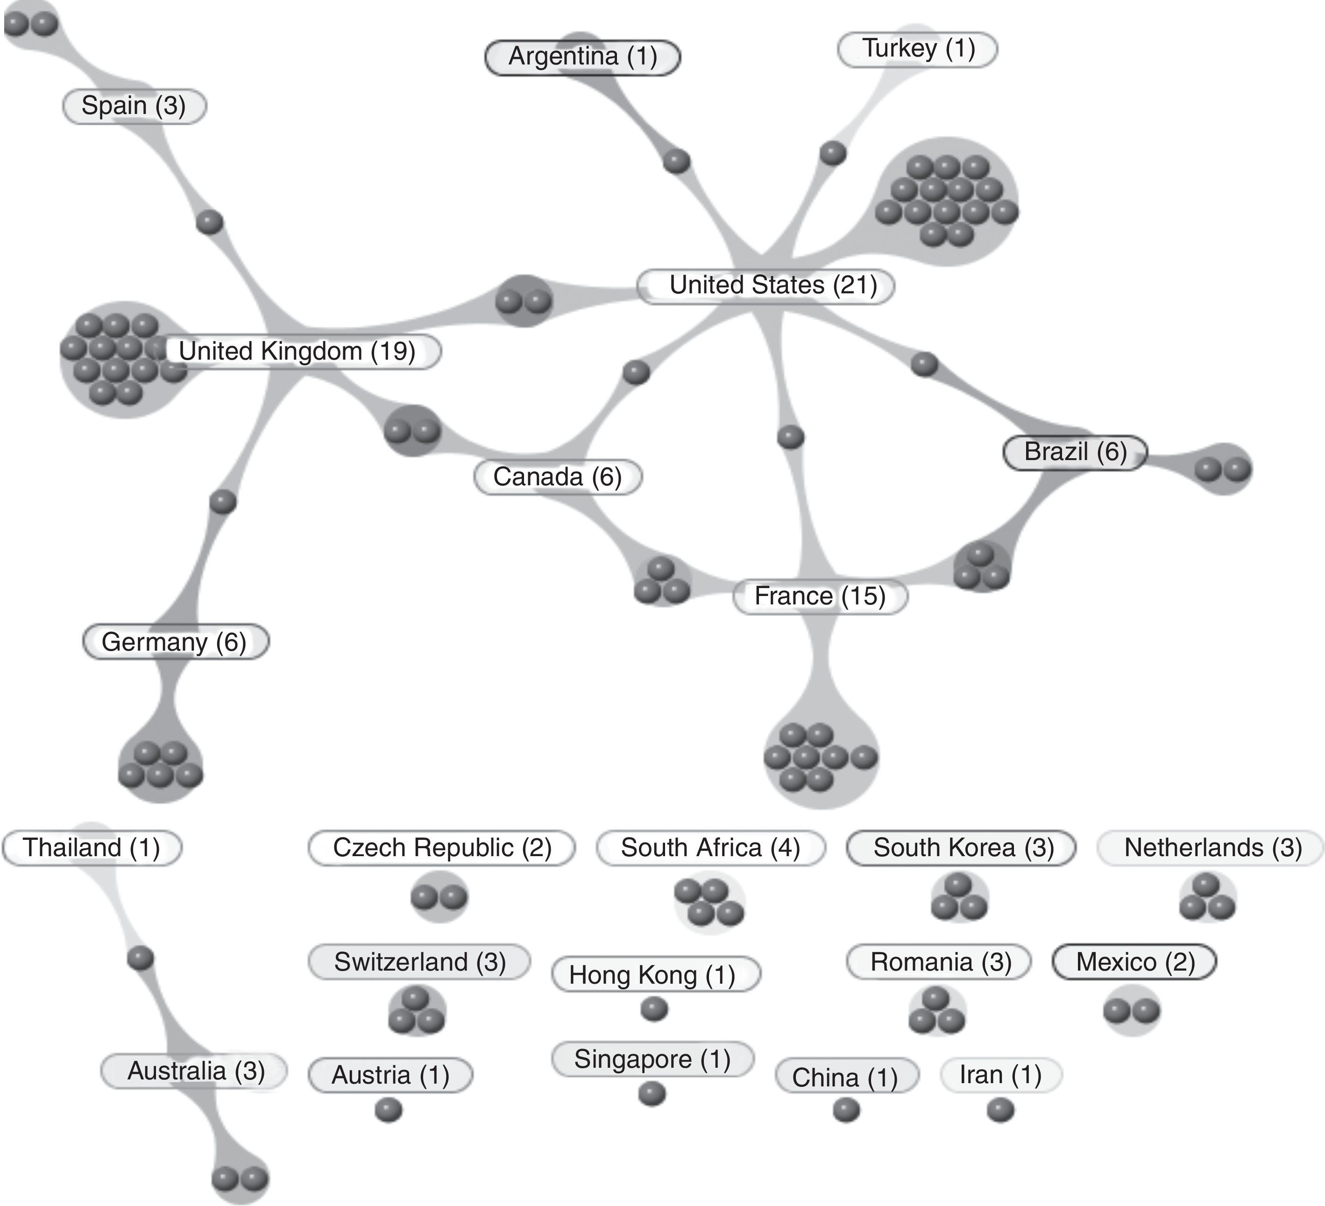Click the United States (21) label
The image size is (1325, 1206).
point(765,286)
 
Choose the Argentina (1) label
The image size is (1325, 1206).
point(582,57)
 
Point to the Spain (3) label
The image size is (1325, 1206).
point(134,106)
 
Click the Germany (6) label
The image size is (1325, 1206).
point(176,642)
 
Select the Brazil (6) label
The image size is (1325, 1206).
point(1075,452)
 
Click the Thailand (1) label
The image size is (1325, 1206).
point(92,848)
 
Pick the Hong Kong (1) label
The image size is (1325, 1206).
point(655,975)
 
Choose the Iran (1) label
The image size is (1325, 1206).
point(1000,1075)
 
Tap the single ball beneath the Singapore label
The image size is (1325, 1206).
point(652,1094)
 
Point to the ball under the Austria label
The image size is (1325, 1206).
point(389,1111)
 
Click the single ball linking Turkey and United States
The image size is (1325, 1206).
point(833,153)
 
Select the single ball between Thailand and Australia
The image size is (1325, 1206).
point(140,958)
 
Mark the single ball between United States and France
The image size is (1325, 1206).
point(790,437)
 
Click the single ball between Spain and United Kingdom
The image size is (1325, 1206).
point(210,222)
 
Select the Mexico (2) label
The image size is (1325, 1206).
point(1134,962)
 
